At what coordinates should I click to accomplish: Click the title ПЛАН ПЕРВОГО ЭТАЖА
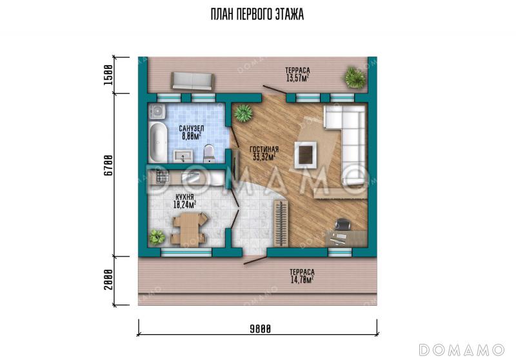[x=257, y=14]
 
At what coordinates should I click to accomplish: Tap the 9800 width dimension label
[x=261, y=329]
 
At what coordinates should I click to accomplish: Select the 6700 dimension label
[x=108, y=165]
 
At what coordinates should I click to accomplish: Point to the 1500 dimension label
[x=108, y=75]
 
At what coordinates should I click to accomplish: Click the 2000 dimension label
[x=108, y=280]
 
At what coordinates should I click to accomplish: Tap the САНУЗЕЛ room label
[x=192, y=128]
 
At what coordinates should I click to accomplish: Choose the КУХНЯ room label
[x=184, y=197]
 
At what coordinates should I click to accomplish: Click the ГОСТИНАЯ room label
[x=264, y=150]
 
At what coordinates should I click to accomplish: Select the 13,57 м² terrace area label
[x=297, y=78]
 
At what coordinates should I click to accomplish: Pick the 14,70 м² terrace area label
[x=302, y=280]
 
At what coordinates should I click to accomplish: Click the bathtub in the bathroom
[x=158, y=142]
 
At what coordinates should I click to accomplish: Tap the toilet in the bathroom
[x=208, y=154]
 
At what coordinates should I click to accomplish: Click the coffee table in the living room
[x=305, y=154]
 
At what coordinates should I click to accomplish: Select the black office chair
[x=342, y=225]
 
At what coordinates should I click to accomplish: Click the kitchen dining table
[x=188, y=228]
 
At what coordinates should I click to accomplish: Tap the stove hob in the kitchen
[x=163, y=176]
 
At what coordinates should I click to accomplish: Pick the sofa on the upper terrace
[x=192, y=81]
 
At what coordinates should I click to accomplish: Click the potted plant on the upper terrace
[x=355, y=77]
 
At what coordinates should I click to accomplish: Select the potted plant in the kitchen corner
[x=157, y=237]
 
